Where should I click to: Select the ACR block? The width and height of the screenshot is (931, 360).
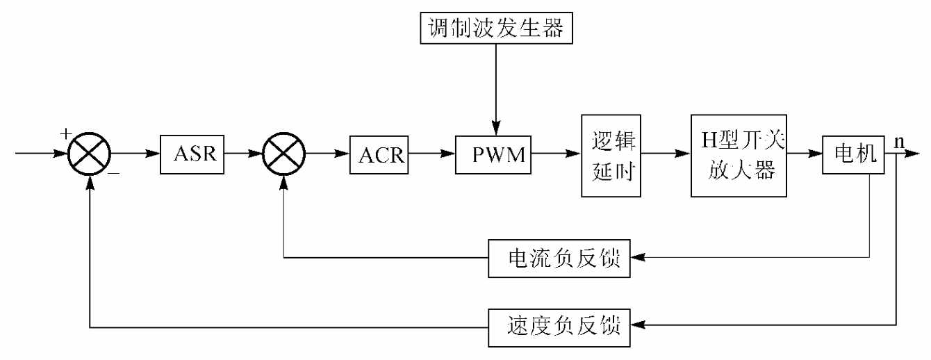point(381,154)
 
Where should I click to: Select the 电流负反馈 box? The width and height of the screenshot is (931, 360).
point(560,258)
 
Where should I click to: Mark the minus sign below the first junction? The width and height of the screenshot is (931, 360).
point(113,174)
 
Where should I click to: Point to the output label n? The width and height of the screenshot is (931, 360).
point(899,141)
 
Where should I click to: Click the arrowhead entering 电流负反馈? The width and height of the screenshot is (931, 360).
point(638,258)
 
